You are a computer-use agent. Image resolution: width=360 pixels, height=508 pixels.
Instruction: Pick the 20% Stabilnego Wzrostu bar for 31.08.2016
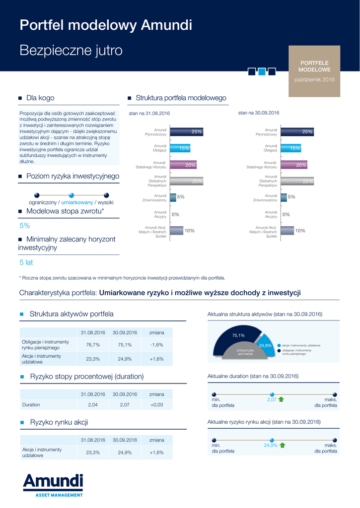click(183, 165)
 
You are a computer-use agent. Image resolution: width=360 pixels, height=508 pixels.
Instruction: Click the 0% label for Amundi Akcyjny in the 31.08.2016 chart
click(175, 214)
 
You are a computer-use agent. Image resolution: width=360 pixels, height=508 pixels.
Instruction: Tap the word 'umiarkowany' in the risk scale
click(77, 202)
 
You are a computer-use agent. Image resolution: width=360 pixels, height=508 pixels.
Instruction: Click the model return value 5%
click(25, 225)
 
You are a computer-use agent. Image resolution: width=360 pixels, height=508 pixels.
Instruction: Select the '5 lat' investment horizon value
click(26, 262)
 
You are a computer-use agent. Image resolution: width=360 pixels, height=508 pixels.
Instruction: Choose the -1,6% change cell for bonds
click(156, 345)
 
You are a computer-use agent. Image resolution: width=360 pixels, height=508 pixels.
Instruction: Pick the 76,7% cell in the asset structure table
click(93, 345)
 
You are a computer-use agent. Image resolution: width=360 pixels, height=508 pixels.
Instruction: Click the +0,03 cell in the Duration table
click(156, 405)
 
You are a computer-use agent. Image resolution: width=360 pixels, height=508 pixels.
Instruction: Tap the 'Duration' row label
click(31, 405)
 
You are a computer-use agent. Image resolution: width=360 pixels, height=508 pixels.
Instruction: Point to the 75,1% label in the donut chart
click(238, 335)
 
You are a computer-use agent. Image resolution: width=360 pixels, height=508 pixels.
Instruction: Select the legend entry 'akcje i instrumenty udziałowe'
click(301, 345)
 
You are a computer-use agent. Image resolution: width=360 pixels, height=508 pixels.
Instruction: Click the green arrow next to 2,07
click(281, 399)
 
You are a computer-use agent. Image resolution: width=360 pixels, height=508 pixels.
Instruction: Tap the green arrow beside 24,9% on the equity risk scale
click(283, 445)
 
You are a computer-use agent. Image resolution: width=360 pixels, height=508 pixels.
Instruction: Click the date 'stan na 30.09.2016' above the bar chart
click(259, 113)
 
